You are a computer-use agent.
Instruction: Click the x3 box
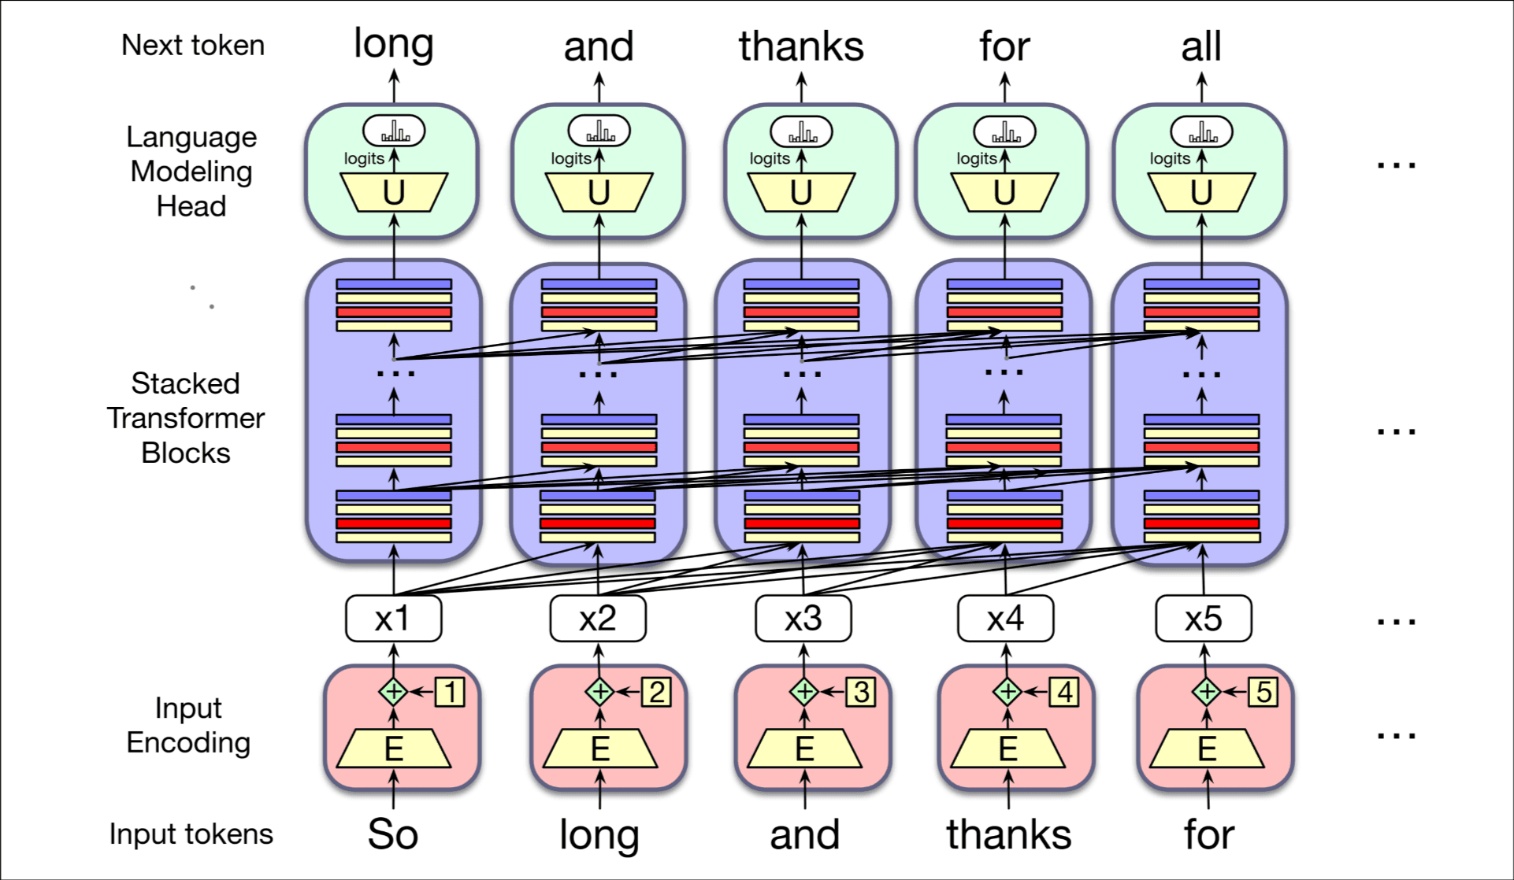pos(803,619)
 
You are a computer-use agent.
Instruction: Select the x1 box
pos(393,619)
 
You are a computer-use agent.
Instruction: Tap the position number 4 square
pos(1064,692)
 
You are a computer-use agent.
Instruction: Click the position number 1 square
pos(450,692)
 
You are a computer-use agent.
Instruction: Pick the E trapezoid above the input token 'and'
pos(804,749)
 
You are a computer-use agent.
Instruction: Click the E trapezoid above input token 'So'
pos(393,749)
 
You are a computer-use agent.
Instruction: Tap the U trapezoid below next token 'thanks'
pos(801,193)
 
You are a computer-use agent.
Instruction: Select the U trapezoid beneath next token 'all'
pos(1200,193)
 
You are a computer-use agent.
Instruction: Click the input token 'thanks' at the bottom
pos(1008,834)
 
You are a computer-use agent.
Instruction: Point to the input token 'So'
pos(392,834)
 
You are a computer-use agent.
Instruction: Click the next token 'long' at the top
pos(393,44)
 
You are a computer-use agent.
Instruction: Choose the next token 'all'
pos(1200,46)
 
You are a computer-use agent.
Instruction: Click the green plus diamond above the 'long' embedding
pos(599,692)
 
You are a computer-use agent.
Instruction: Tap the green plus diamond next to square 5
pos(1206,692)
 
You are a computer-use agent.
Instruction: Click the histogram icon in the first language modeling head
pos(394,131)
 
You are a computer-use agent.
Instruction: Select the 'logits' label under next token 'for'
pos(976,159)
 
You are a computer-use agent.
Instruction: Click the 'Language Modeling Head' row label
pos(191,172)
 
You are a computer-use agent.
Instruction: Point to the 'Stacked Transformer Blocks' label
pos(186,418)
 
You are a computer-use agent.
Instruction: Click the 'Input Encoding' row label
pos(188,725)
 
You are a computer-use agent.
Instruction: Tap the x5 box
pos(1203,619)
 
